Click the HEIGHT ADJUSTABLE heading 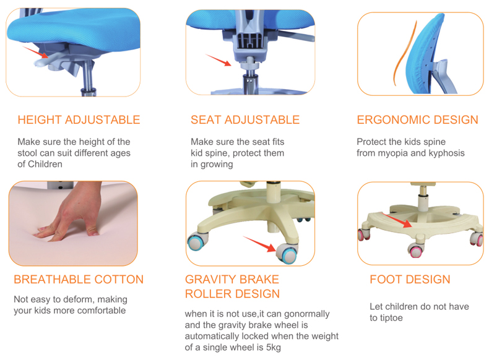click(79, 120)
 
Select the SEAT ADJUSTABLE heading click(245, 120)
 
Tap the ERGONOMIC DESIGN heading click(418, 120)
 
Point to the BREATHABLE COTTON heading click(79, 280)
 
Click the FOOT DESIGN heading click(410, 280)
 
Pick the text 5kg click(274, 348)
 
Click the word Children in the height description click(45, 165)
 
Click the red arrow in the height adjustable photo click(35, 52)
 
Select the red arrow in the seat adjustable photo click(219, 60)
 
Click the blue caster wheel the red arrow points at click(287, 254)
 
